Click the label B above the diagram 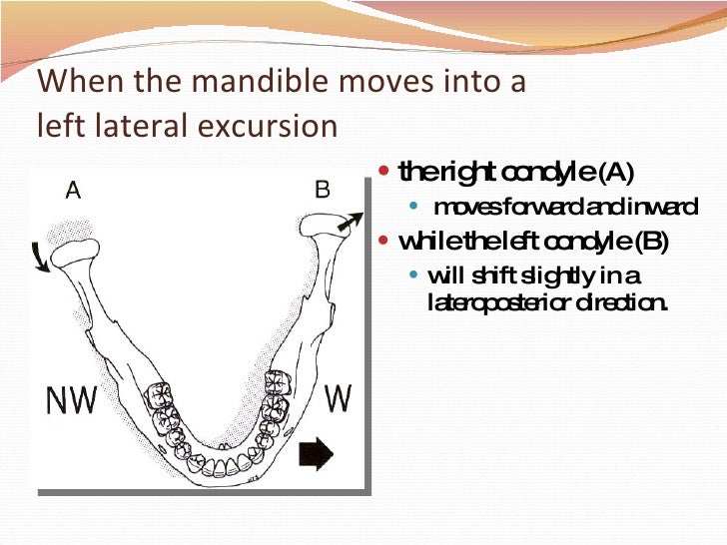click(323, 190)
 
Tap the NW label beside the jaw click(73, 400)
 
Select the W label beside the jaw click(339, 398)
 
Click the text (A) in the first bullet click(614, 174)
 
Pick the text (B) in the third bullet click(649, 242)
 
